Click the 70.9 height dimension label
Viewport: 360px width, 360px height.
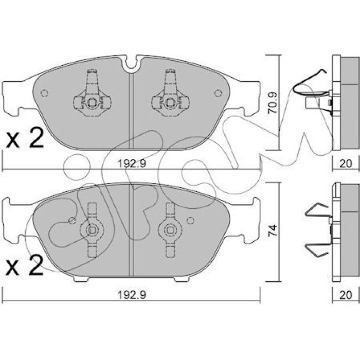point(273,103)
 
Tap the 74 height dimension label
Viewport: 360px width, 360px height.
point(273,231)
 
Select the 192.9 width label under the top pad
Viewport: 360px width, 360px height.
point(131,164)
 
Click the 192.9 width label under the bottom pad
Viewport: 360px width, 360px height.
point(131,295)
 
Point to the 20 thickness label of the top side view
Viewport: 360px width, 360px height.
point(346,164)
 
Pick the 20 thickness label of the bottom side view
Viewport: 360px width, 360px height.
point(346,295)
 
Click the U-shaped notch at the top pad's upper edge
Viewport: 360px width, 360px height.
point(131,64)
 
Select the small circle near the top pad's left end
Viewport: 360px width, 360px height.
point(44,93)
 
